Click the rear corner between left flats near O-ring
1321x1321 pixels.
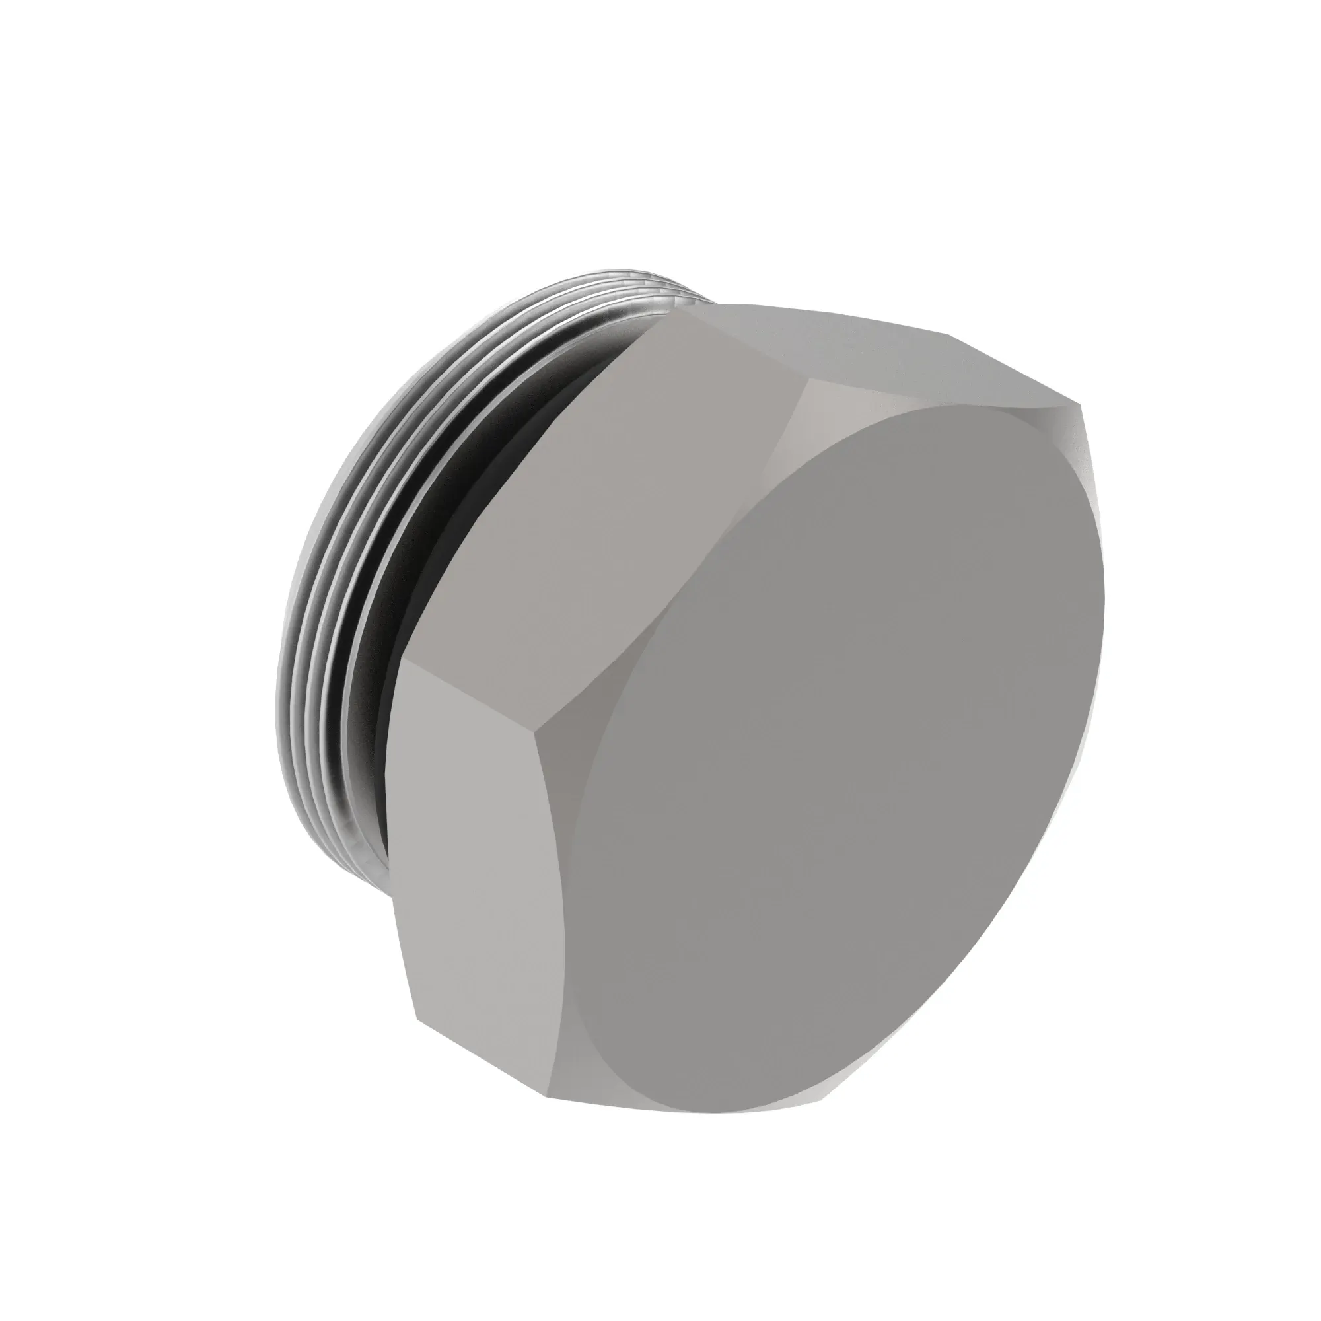point(402,660)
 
